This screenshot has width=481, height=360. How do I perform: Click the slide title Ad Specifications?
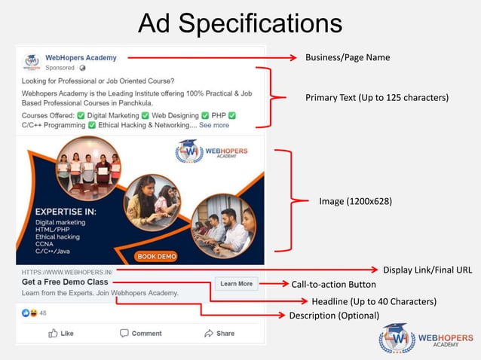point(240,23)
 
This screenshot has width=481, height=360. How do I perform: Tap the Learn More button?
point(236,284)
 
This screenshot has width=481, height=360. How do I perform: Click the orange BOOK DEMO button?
point(156,256)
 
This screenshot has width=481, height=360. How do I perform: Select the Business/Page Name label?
point(348,57)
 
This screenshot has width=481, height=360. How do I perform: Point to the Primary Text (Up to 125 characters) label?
point(376,98)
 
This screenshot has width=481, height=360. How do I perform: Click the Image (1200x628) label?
point(355,201)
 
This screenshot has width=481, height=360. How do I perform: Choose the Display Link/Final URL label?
point(427,270)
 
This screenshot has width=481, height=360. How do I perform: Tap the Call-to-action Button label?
point(333,285)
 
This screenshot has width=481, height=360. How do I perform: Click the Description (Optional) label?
point(334,315)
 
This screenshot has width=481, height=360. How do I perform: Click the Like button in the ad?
point(61,333)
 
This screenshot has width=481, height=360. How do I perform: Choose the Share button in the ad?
point(219,333)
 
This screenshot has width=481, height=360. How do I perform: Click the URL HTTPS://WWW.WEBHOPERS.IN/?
point(67,272)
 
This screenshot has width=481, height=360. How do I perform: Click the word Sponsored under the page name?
point(60,68)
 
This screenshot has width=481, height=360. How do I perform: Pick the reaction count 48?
point(43,313)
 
